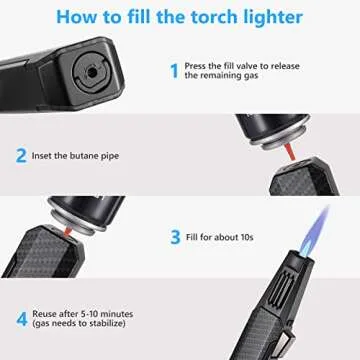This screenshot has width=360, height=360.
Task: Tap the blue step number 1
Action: [x=173, y=70]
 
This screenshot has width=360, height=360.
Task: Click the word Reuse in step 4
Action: [x=48, y=317]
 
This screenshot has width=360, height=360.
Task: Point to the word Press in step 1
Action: [x=196, y=65]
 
